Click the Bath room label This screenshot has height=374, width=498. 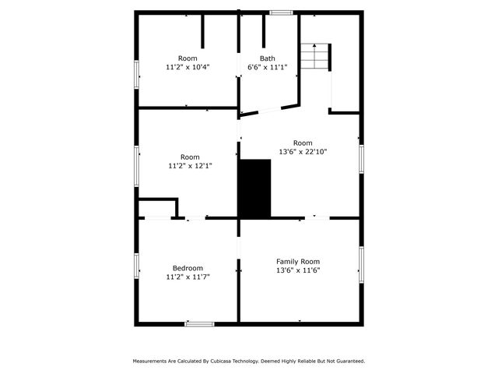click(x=268, y=58)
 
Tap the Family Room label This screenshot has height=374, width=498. click(x=298, y=262)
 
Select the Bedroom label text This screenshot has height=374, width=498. click(x=188, y=268)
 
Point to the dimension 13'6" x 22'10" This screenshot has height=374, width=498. click(x=303, y=152)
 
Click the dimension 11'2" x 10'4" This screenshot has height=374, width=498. click(x=188, y=67)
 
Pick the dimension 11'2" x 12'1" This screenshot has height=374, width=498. click(x=190, y=166)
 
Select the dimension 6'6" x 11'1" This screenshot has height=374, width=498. click(x=268, y=67)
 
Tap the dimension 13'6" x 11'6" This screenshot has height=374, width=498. click(x=298, y=270)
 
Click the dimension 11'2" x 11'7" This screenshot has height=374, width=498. click(x=188, y=277)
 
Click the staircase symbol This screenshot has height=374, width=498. click(x=314, y=56)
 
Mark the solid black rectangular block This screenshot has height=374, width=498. click(x=255, y=189)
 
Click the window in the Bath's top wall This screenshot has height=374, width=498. click(x=281, y=12)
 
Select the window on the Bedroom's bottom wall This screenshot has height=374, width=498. click(x=199, y=324)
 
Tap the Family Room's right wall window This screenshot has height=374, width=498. click(x=361, y=265)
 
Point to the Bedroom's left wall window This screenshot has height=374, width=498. click(x=137, y=266)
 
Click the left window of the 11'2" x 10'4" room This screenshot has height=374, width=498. click(x=137, y=75)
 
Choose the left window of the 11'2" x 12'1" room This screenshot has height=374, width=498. click(x=137, y=166)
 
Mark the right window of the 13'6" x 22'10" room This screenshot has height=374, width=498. click(x=361, y=159)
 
